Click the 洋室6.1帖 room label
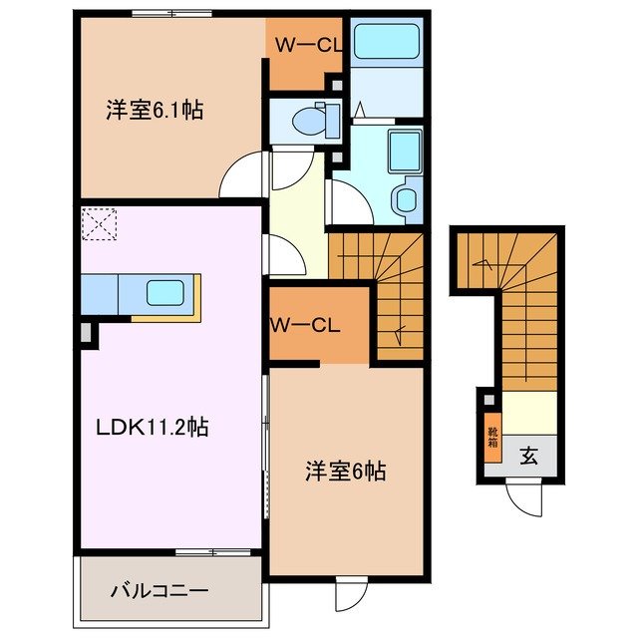point(154,110)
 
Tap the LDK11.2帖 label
point(153,427)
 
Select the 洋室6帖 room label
point(346,471)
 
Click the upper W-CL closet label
point(303,45)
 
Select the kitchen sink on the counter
point(165,292)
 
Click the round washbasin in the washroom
point(407,199)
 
